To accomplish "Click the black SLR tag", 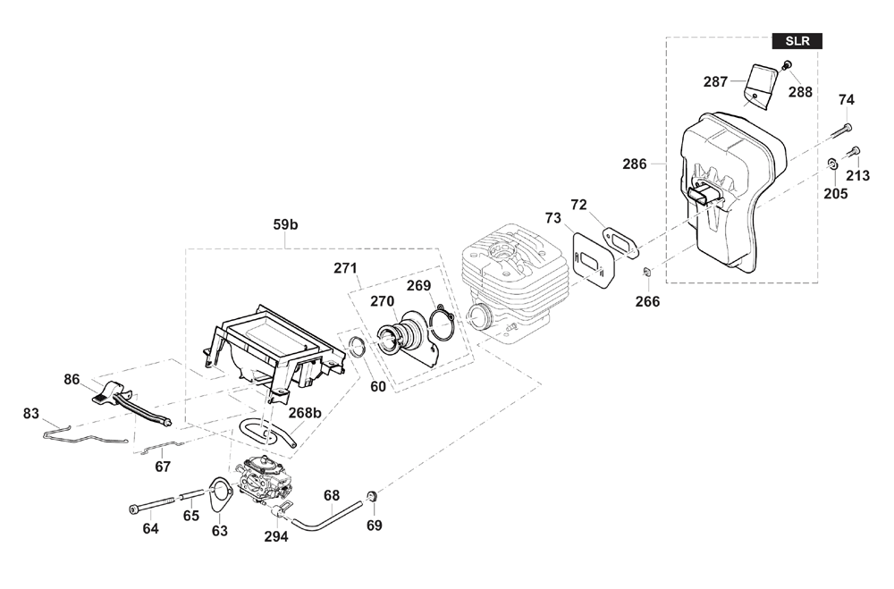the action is [x=797, y=41].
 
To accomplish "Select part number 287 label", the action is [x=715, y=82].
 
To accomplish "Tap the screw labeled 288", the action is [x=787, y=65].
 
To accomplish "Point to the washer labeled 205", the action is [x=831, y=164].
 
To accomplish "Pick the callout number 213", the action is [x=857, y=175].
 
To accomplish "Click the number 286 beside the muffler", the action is [x=635, y=164].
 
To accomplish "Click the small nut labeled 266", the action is [x=647, y=272].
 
